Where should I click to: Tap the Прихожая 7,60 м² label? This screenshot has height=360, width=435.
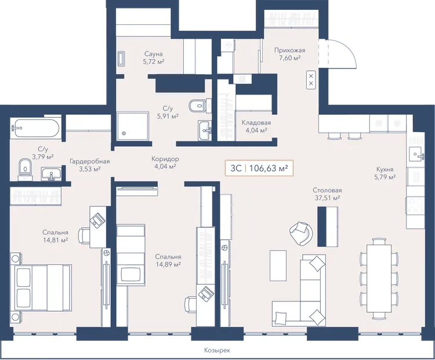pyautogui.click(x=289, y=54)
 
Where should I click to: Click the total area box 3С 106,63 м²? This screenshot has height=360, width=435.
pyautogui.click(x=259, y=168)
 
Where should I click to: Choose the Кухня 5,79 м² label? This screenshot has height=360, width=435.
pyautogui.click(x=385, y=173)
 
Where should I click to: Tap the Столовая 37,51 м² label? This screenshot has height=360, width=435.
pyautogui.click(x=327, y=194)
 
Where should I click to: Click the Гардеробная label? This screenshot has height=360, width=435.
pyautogui.click(x=89, y=161)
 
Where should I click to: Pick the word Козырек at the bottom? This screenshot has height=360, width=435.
pyautogui.click(x=217, y=350)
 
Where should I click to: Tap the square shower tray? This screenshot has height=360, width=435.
pyautogui.click(x=133, y=126)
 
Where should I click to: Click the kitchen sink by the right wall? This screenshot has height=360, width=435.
pyautogui.click(x=416, y=154)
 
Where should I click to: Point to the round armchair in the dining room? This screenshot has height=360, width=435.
pyautogui.click(x=300, y=232)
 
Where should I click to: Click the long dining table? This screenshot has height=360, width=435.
pyautogui.click(x=379, y=278)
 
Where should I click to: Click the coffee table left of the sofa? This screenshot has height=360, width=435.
pyautogui.click(x=278, y=265)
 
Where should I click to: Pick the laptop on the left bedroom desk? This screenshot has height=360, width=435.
pyautogui.click(x=97, y=220)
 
